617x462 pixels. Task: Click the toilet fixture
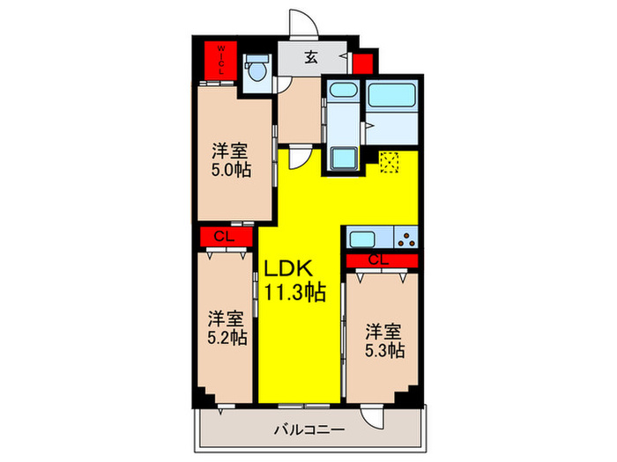(x=257, y=68)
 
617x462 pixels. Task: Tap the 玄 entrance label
(x=311, y=57)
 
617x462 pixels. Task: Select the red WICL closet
(x=220, y=61)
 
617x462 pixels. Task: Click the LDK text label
(x=288, y=268)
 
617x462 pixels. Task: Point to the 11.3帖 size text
(x=294, y=291)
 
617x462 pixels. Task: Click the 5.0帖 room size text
(x=231, y=170)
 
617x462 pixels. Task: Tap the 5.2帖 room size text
(x=227, y=337)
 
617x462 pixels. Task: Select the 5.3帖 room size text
(x=384, y=350)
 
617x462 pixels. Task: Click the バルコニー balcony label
(x=309, y=429)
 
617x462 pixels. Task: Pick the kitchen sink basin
(x=362, y=239)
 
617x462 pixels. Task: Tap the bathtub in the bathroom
(x=392, y=94)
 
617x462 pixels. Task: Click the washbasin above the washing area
(x=343, y=90)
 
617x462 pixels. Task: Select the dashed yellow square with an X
(x=389, y=162)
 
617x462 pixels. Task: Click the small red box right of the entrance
(x=362, y=63)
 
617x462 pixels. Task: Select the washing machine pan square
(x=344, y=158)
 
